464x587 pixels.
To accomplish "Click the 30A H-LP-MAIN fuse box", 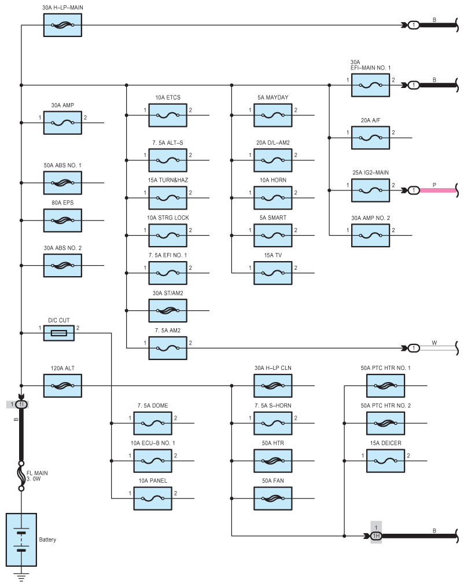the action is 62,25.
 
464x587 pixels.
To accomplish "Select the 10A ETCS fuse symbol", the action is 168,115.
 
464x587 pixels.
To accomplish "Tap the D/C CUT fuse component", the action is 59,333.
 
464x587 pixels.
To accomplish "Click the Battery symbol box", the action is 21,540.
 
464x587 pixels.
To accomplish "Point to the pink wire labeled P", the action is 438,190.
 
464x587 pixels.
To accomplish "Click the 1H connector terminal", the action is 376,536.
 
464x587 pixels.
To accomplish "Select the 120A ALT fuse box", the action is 62,386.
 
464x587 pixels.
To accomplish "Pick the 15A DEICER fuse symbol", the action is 385,461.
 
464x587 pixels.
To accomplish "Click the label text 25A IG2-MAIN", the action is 370,173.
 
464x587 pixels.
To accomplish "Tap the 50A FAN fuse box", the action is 272,498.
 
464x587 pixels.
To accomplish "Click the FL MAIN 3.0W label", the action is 37,476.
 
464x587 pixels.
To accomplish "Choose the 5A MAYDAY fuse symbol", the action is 272,115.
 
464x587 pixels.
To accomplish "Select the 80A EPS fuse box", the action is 62,221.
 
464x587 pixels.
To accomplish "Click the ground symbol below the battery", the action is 21,577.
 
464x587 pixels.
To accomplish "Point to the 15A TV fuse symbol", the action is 272,273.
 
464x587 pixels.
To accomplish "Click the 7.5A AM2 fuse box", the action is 168,348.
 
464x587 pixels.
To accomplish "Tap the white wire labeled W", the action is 438,348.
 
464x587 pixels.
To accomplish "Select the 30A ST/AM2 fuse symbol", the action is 168,310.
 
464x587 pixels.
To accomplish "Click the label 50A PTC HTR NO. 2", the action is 385,405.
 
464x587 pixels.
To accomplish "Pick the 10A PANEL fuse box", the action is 153,498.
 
